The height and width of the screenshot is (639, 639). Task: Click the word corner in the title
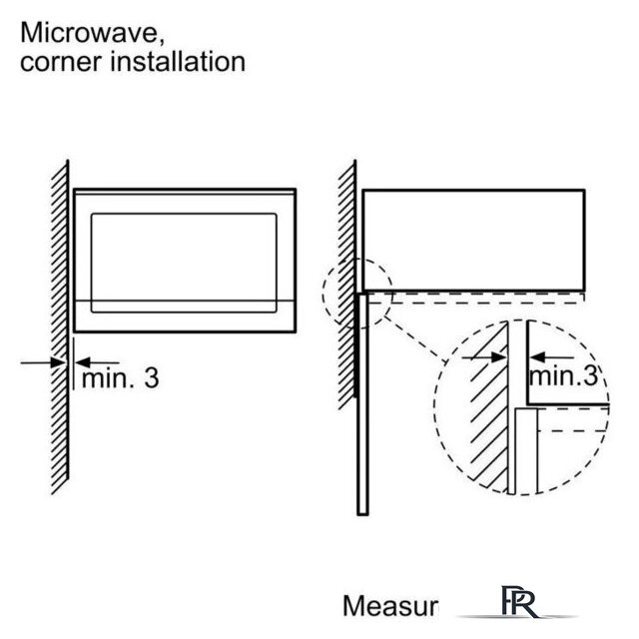coord(59,62)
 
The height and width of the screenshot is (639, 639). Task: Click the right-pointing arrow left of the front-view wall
coord(45,362)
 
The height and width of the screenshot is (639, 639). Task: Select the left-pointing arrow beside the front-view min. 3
coord(97,362)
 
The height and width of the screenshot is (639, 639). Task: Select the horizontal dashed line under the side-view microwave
coord(479,299)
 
